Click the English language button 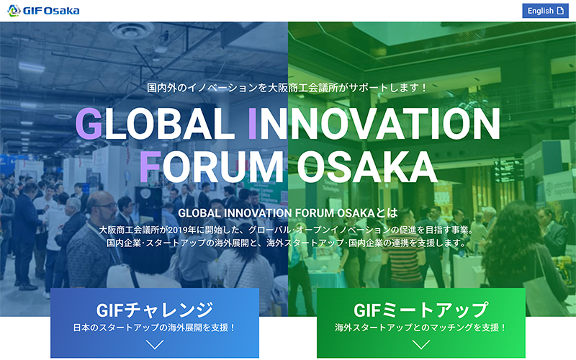tap(545, 11)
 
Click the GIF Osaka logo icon tap(14, 11)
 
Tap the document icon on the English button tap(560, 11)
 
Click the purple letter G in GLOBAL tap(89, 124)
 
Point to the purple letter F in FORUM tap(150, 167)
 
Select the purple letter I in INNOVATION tap(253, 124)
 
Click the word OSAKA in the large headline tap(367, 167)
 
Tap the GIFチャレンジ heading tap(155, 310)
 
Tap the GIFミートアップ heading tap(421, 310)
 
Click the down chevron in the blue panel tap(155, 345)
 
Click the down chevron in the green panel tap(421, 345)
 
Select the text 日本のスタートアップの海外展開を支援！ tap(155, 328)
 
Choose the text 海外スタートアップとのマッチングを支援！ tap(421, 328)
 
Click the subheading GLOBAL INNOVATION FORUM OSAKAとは tap(288, 213)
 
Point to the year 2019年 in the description tap(181, 230)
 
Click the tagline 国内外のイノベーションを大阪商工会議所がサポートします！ tap(287, 88)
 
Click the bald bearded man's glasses tap(106, 207)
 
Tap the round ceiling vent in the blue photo tap(132, 30)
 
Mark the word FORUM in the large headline tap(211, 167)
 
